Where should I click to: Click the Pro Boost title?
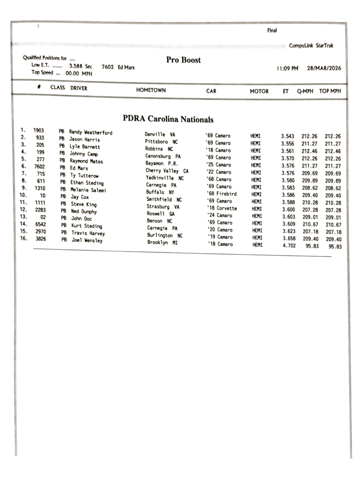click(183, 60)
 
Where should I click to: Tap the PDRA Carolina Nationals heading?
click(168, 119)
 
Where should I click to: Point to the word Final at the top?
click(272, 31)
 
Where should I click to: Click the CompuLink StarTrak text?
click(311, 46)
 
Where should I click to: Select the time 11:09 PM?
click(287, 68)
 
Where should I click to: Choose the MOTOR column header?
click(259, 91)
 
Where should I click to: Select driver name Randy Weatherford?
click(90, 133)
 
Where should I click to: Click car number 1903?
click(39, 131)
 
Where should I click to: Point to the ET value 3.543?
click(287, 136)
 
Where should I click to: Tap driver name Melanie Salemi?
click(88, 190)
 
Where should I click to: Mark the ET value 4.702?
click(289, 246)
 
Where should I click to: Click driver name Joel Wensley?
click(87, 240)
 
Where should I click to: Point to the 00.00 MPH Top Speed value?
click(79, 73)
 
